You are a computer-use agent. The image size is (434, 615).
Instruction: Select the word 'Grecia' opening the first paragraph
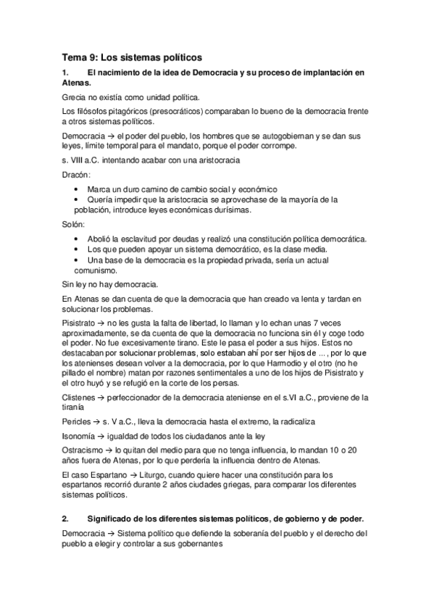pyautogui.click(x=75, y=96)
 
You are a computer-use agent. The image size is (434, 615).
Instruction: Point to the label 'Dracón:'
pyautogui.click(x=76, y=175)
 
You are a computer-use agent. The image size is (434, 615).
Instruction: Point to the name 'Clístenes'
pyautogui.click(x=80, y=398)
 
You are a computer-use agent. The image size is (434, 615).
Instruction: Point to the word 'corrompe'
pyautogui.click(x=276, y=146)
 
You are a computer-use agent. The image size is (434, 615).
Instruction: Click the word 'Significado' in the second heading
pyautogui.click(x=114, y=519)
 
